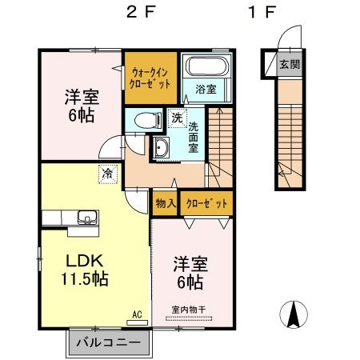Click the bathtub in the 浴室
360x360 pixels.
coord(207,66)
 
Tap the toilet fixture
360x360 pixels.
coord(148,121)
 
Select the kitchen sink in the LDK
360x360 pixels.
coord(88,217)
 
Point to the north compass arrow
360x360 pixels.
coord(294,314)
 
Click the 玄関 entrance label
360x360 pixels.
coord(290,64)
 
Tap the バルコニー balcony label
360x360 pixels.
coord(108,342)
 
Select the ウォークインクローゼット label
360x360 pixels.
coord(150,78)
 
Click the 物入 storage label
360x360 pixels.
coord(166,203)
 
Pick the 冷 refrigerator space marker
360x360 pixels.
coord(108,174)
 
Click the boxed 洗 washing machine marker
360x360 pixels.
coord(177,118)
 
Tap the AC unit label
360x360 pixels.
coord(137,315)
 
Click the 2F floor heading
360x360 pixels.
coord(141,12)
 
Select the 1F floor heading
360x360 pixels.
coord(261,12)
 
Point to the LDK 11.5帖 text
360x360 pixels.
coord(85,270)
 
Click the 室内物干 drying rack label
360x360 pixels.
coord(189,310)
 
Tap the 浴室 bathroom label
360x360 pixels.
coord(206,89)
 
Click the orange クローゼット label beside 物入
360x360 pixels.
coord(206,204)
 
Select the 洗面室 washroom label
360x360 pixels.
coord(194,137)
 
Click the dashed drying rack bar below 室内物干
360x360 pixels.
coord(189,318)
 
